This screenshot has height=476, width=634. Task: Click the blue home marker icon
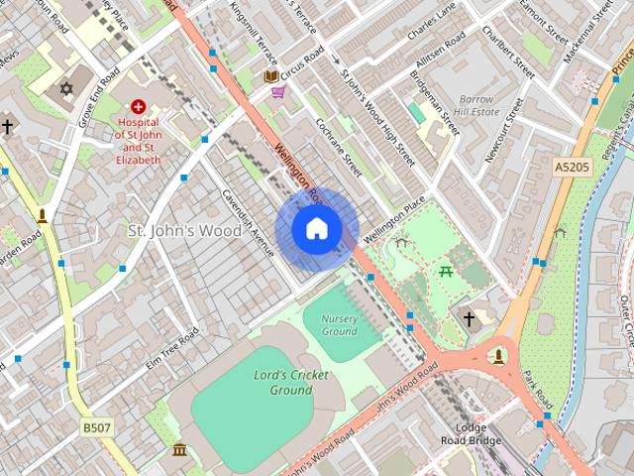point(317,229)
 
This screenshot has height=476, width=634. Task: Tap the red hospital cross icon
point(138,106)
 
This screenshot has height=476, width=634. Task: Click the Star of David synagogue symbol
point(67,89)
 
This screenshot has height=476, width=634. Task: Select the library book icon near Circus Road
point(270,75)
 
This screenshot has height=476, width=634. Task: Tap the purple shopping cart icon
point(278,92)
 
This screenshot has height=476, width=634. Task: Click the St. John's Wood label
point(184,230)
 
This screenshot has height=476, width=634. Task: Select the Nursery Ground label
point(339,324)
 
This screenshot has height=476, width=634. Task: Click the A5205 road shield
point(572,169)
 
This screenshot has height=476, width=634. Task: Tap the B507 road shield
point(97,426)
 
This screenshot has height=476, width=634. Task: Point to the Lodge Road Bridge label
point(473,434)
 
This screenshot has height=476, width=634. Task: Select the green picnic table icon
point(446,271)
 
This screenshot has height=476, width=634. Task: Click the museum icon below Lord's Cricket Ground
point(179,451)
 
